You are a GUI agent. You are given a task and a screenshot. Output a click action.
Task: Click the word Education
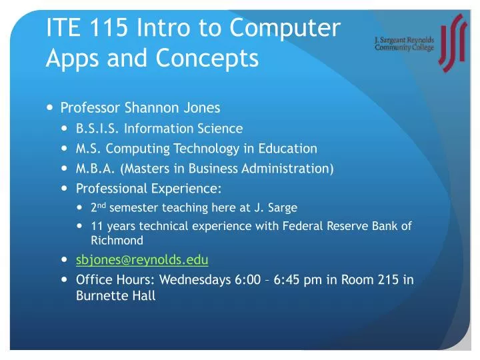pos(288,148)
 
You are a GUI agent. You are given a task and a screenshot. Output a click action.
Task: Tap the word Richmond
pos(117,239)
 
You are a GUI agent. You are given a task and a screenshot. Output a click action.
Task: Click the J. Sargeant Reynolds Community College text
pos(403,43)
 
